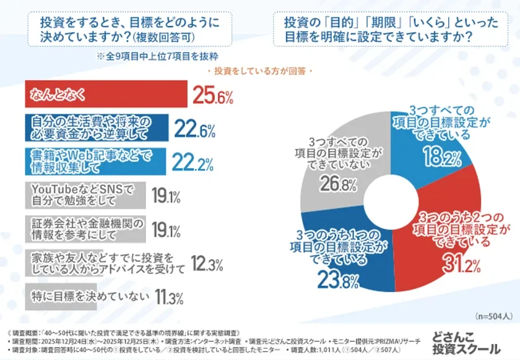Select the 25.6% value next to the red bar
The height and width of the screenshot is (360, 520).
point(212,96)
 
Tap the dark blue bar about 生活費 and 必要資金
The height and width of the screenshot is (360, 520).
point(97,129)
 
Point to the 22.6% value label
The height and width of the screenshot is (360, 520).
point(194,130)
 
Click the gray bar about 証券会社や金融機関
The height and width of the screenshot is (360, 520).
point(84,229)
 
